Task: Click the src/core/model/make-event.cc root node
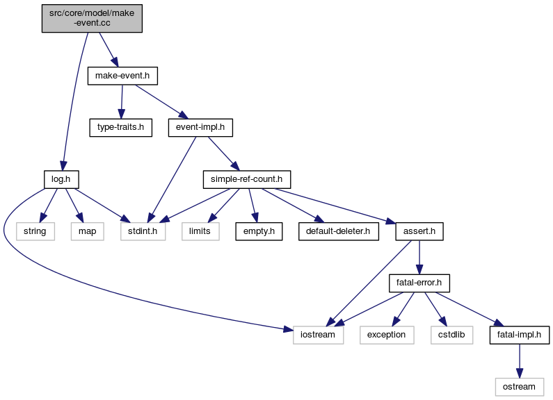pos(92,17)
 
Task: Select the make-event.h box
pos(122,76)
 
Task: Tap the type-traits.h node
pos(120,128)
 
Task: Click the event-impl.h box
pos(200,128)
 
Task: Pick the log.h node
pos(59,179)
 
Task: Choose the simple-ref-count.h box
pos(246,179)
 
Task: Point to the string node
pos(35,231)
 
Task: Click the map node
pos(87,231)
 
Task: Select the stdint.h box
pos(143,231)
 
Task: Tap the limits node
pos(201,231)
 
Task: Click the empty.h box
pos(258,231)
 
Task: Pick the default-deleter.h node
pos(339,231)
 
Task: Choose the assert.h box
pos(419,231)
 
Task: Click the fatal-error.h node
pos(419,283)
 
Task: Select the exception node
pos(387,334)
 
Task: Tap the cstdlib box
pos(452,334)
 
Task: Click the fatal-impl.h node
pos(520,334)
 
